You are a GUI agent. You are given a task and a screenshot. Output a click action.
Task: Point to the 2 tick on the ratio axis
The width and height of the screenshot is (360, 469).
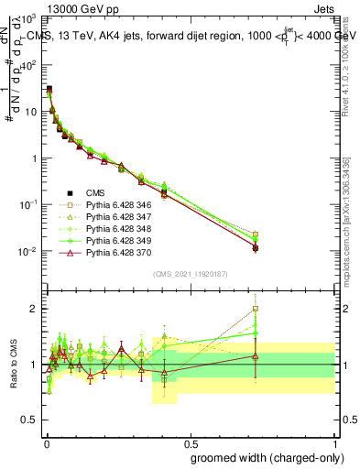point(34,309)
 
